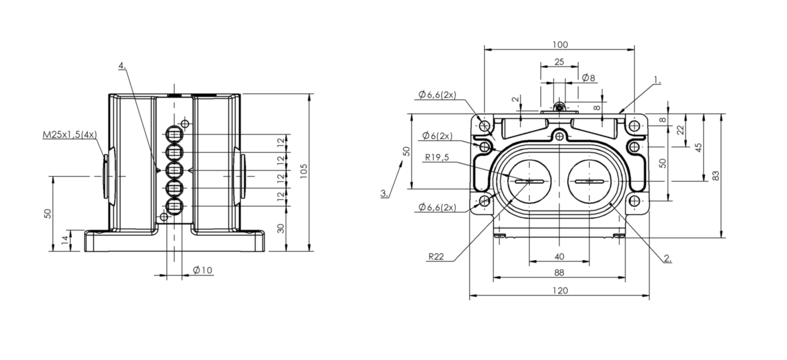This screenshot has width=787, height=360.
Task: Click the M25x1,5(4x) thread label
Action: (70, 134)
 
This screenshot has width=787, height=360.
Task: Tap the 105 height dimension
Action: (304, 171)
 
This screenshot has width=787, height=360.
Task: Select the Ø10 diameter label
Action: (202, 270)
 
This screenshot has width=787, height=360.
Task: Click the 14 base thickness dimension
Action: (65, 240)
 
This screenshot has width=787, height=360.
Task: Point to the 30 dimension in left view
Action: (281, 229)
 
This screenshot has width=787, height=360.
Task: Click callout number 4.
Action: (122, 66)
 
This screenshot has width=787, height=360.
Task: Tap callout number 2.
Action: (668, 259)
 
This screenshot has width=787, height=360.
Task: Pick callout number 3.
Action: (385, 193)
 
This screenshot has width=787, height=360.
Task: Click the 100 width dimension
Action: (560, 45)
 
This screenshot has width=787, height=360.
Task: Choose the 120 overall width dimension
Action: (560, 291)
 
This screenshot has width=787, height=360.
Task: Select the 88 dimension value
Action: (559, 273)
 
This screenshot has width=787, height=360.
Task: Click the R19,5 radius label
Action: (437, 157)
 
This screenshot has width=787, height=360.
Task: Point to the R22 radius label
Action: (436, 257)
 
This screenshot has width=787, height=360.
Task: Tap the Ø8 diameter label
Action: (589, 78)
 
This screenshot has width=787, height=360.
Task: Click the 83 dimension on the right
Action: (716, 175)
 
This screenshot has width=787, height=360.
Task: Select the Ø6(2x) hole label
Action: (437, 136)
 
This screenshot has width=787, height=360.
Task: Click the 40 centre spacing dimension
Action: (559, 257)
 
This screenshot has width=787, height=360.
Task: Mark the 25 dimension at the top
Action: (559, 62)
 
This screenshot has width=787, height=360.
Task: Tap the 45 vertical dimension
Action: (699, 147)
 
